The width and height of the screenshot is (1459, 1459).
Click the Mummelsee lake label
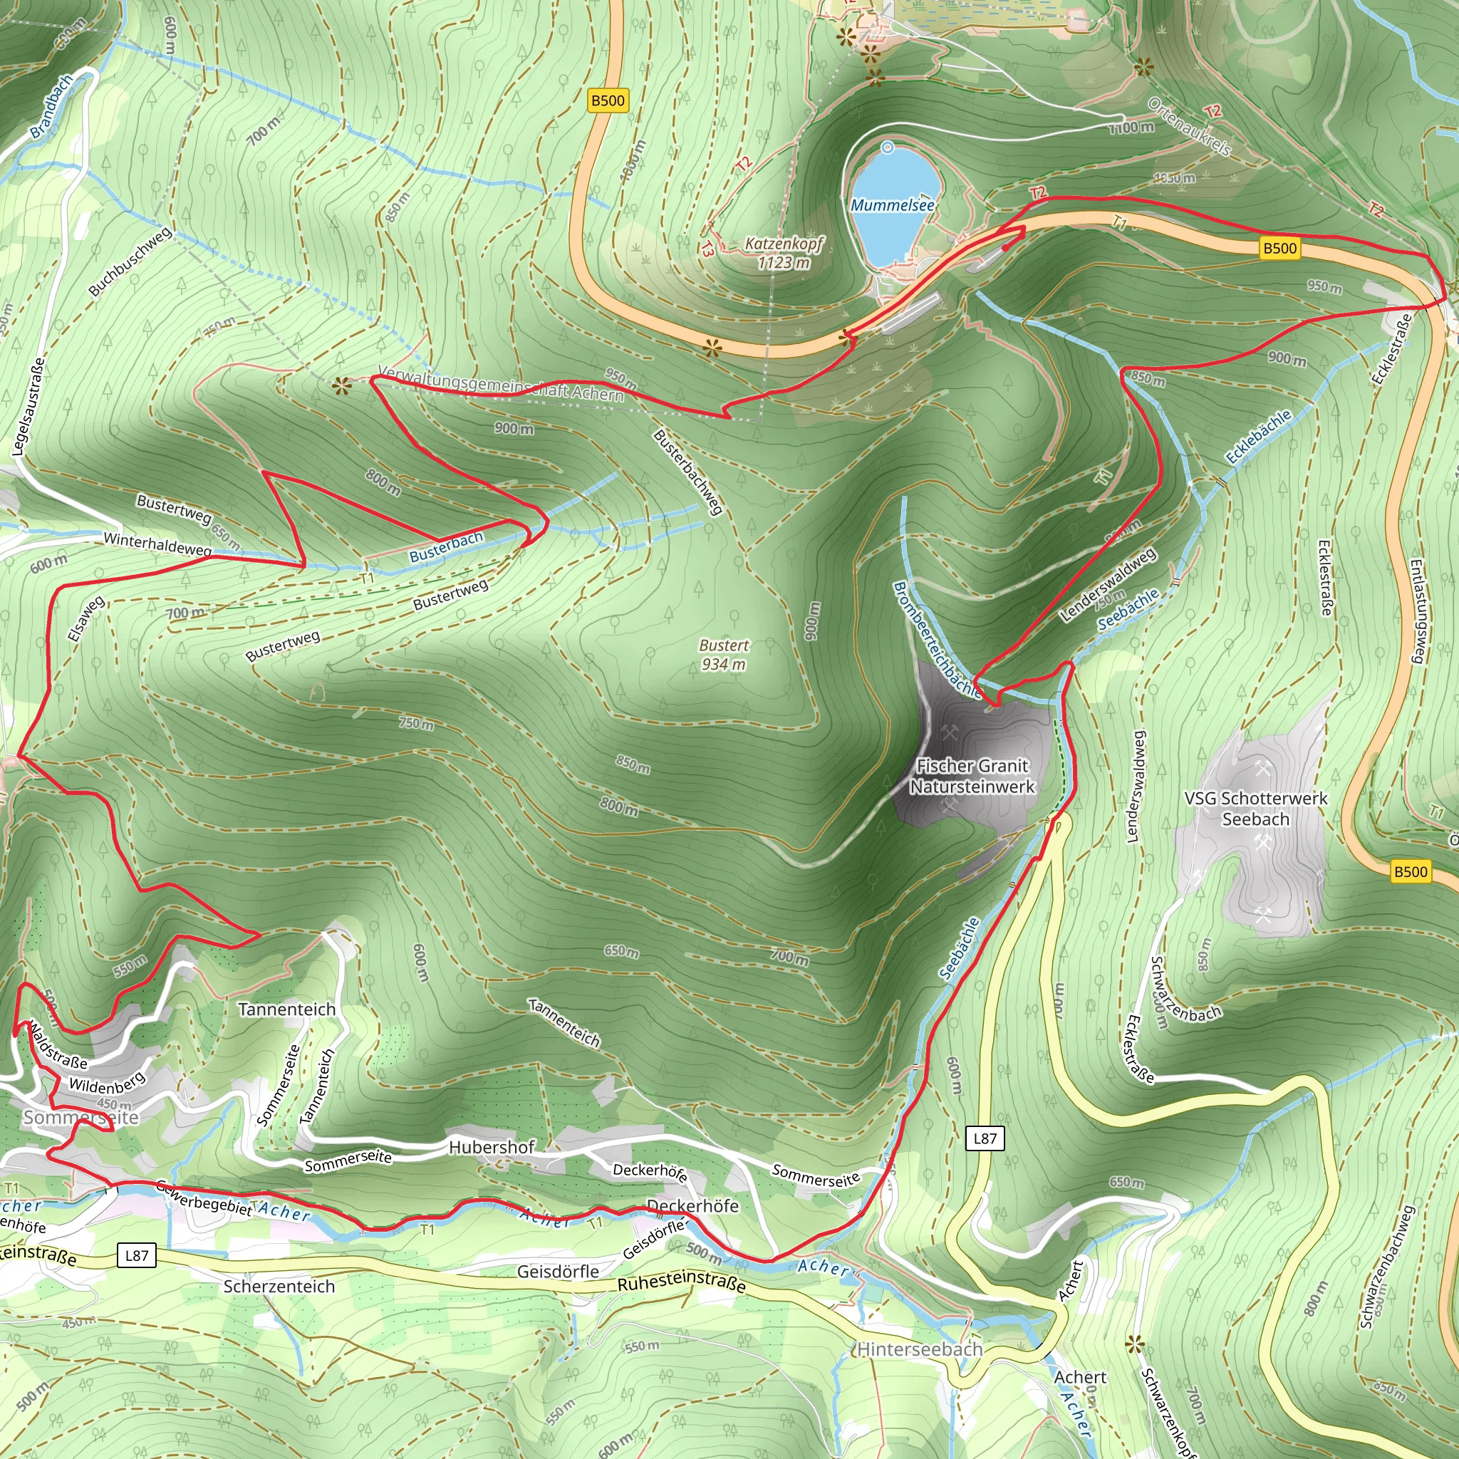892,205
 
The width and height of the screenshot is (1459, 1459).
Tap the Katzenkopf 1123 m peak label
783,253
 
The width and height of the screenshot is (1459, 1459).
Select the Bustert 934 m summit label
724,655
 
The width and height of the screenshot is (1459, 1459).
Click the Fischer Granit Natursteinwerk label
972,777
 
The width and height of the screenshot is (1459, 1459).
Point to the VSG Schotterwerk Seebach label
1255,809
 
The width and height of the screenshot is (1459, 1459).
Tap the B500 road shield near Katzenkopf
608,100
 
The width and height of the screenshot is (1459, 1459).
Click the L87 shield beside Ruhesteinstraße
137,1256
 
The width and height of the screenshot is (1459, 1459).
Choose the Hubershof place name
491,1148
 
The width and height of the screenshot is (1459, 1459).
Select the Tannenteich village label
286,1009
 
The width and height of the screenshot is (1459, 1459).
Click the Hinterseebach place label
920,1349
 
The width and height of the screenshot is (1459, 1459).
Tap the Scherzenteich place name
279,1287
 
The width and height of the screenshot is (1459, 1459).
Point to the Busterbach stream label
445,546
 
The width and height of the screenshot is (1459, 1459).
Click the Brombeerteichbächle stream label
935,639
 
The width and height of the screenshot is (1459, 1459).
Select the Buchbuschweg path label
130,262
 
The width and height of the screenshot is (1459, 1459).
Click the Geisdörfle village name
557,1272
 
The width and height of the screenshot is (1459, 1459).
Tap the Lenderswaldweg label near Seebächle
1108,586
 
